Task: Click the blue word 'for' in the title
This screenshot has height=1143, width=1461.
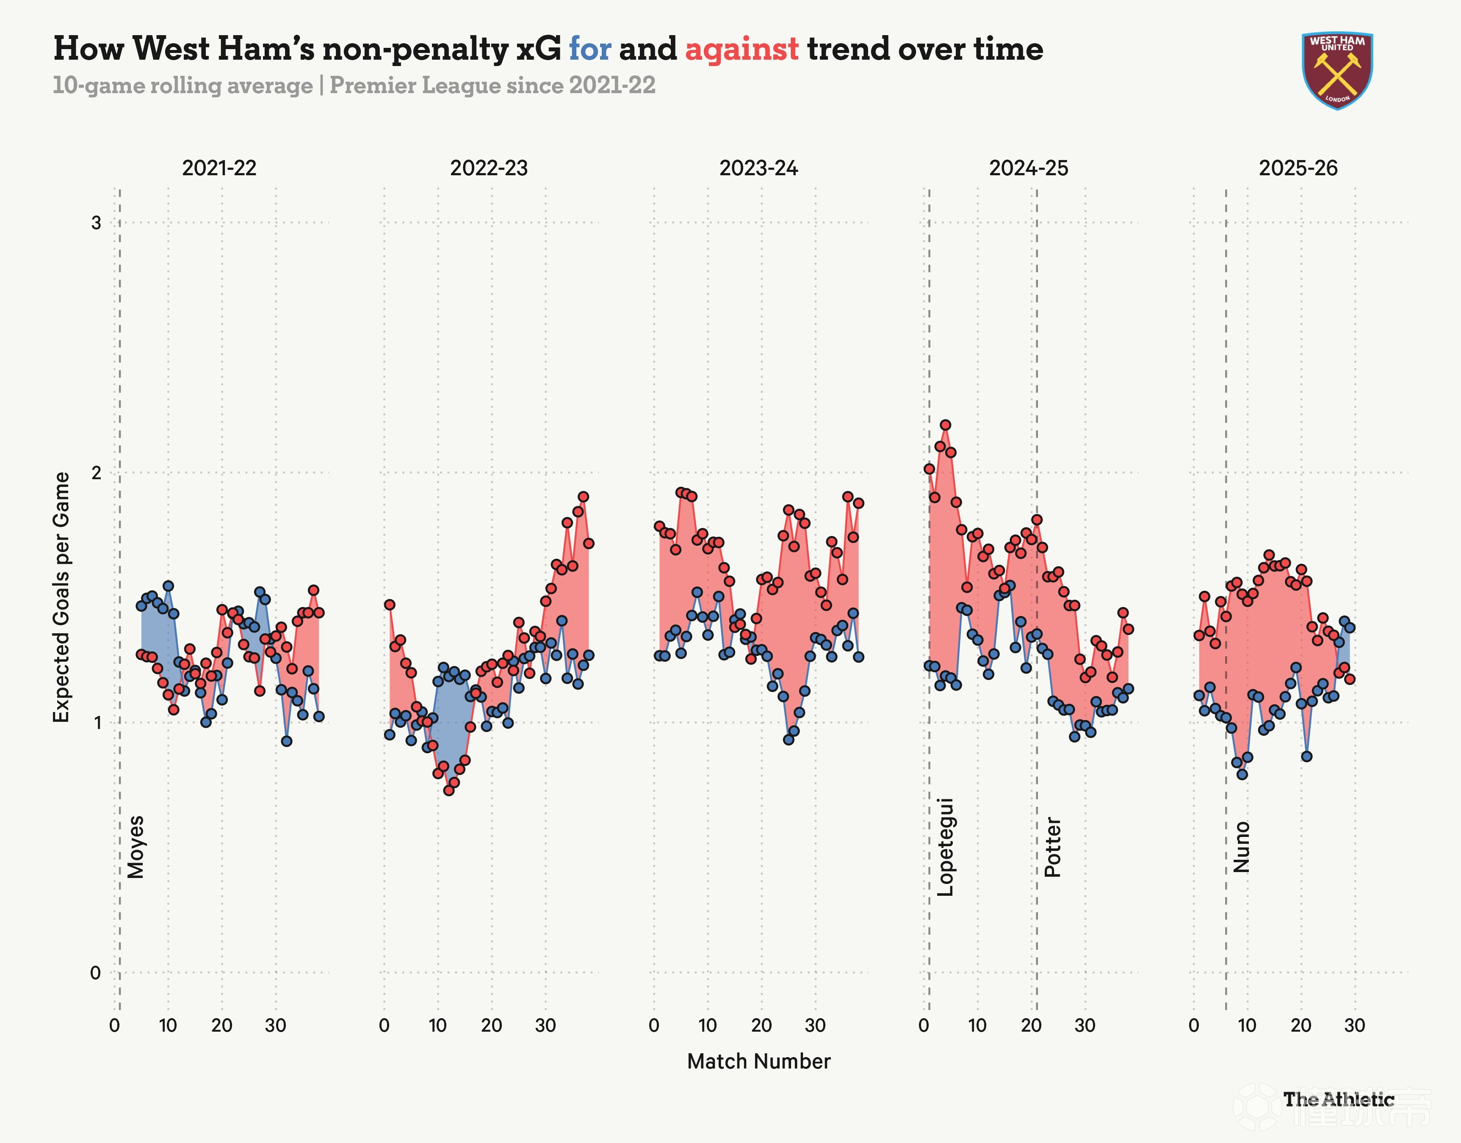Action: [589, 49]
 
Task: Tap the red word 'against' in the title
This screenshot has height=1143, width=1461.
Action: [742, 49]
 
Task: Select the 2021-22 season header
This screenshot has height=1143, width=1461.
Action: [219, 168]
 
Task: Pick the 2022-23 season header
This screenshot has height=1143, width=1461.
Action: [489, 168]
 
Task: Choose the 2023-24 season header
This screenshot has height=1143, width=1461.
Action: [758, 168]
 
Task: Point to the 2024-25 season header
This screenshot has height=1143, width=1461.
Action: [1029, 168]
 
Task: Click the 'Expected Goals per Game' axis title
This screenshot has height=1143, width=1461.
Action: [61, 597]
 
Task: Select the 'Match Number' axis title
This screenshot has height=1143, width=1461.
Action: [758, 1061]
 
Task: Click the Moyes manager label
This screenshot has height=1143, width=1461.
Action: [136, 847]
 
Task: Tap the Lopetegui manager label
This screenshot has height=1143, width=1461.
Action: [944, 847]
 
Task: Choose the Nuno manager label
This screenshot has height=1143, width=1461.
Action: [1242, 847]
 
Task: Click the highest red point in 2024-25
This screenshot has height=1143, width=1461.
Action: [945, 425]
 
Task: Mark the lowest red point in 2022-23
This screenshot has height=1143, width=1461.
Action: [448, 790]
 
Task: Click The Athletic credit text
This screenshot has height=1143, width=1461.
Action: [1339, 1099]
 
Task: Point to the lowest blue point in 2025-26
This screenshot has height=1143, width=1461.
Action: [1242, 774]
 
